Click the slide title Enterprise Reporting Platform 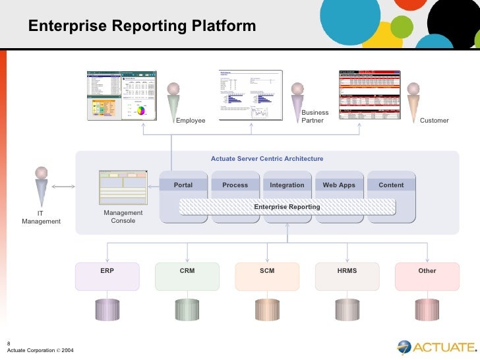click(142, 26)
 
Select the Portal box click(183, 185)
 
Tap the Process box click(235, 185)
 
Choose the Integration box click(287, 185)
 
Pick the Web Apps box click(339, 185)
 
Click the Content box click(391, 185)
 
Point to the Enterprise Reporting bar click(287, 207)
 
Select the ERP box click(107, 276)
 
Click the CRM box click(187, 276)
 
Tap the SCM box click(267, 276)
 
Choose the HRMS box click(347, 276)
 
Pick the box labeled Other click(427, 276)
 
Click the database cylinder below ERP click(107, 308)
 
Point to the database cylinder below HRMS click(347, 308)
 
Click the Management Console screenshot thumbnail click(123, 188)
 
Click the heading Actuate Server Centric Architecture click(267, 159)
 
